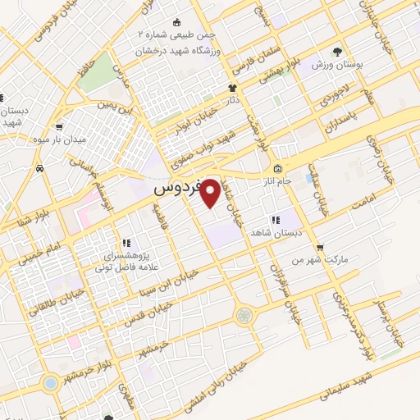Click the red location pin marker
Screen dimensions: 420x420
210,194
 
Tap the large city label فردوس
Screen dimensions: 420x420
177,187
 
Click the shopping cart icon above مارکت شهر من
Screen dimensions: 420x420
319,247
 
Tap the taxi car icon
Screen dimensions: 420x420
40,168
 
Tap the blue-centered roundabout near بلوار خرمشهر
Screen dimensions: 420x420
50,382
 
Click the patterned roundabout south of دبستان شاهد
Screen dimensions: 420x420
243,315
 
